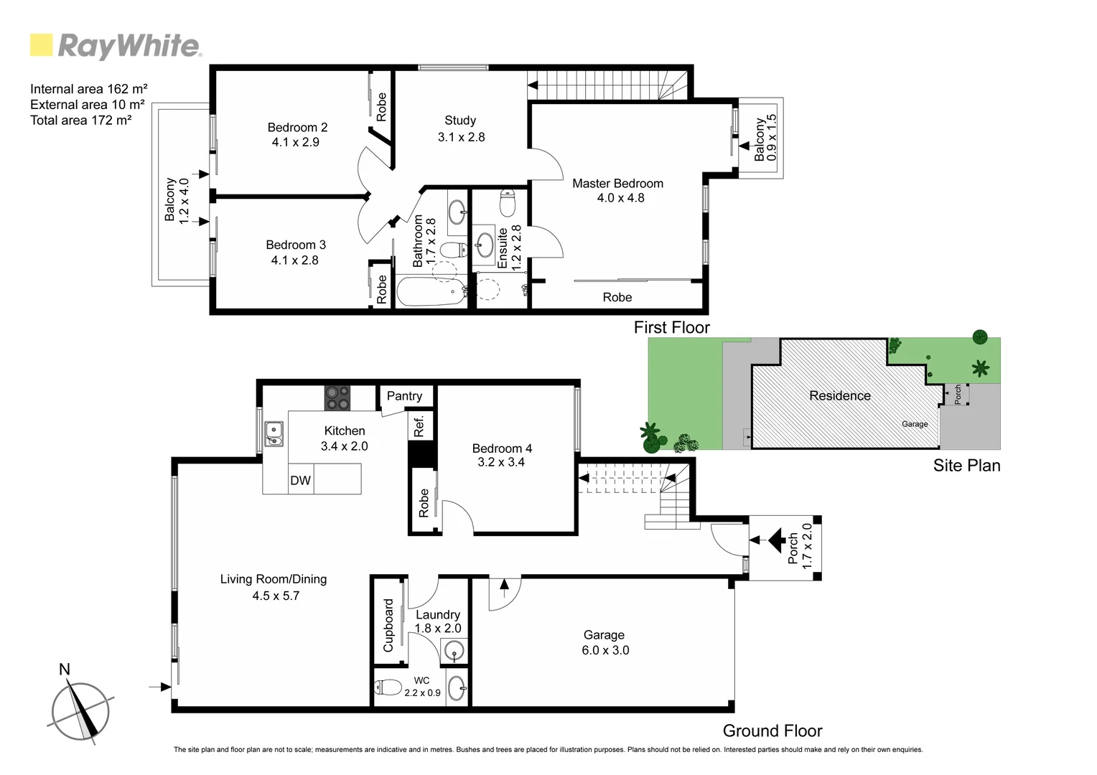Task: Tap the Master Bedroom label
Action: pos(617,184)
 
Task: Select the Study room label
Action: pos(460,121)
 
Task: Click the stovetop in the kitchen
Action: pos(337,398)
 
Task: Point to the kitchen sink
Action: pos(274,433)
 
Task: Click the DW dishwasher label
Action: pos(301,481)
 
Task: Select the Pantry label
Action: pos(404,396)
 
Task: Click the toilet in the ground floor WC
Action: pos(388,687)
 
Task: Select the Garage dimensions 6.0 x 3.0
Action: pos(605,651)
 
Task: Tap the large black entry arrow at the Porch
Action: pos(775,540)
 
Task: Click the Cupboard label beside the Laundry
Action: pos(388,626)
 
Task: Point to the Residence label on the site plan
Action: pos(840,396)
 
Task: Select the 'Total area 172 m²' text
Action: pos(81,121)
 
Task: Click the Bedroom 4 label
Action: pos(502,448)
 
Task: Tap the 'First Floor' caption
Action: pos(671,328)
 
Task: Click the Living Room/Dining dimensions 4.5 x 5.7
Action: pos(276,596)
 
